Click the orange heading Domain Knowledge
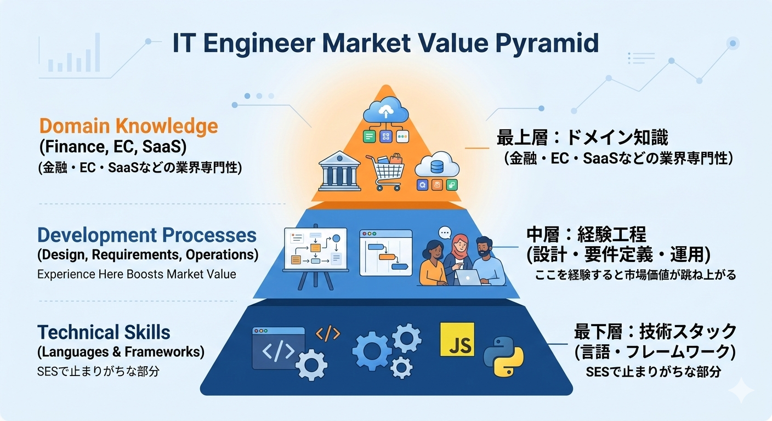pyautogui.click(x=128, y=127)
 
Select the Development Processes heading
pyautogui.click(x=147, y=235)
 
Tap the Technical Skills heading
pyautogui.click(x=104, y=332)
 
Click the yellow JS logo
pyautogui.click(x=457, y=339)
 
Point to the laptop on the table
pyautogui.click(x=468, y=277)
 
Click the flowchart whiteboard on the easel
pyautogui.click(x=315, y=249)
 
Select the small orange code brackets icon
pyautogui.click(x=328, y=334)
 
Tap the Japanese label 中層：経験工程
pyautogui.click(x=586, y=235)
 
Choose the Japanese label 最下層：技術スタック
pyautogui.click(x=655, y=331)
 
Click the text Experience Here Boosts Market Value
pyautogui.click(x=137, y=274)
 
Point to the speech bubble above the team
pyautogui.click(x=444, y=232)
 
